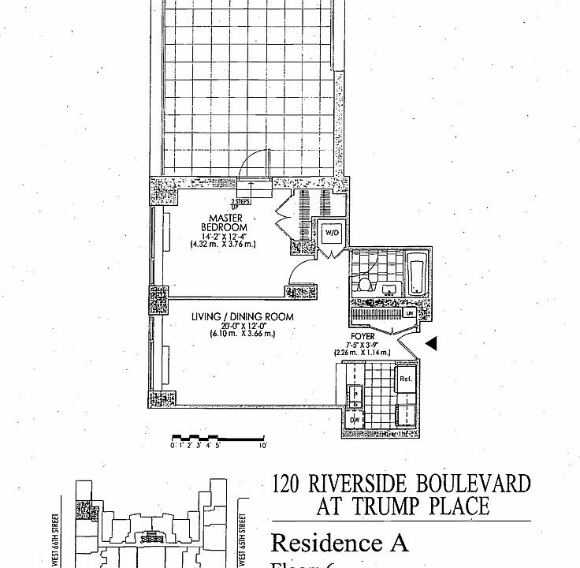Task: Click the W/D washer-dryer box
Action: [x=330, y=234]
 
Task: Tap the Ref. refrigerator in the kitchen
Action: [x=406, y=379]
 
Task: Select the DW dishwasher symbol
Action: [x=355, y=420]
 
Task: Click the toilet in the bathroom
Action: [x=364, y=283]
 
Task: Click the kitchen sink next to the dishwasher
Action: [x=355, y=394]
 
